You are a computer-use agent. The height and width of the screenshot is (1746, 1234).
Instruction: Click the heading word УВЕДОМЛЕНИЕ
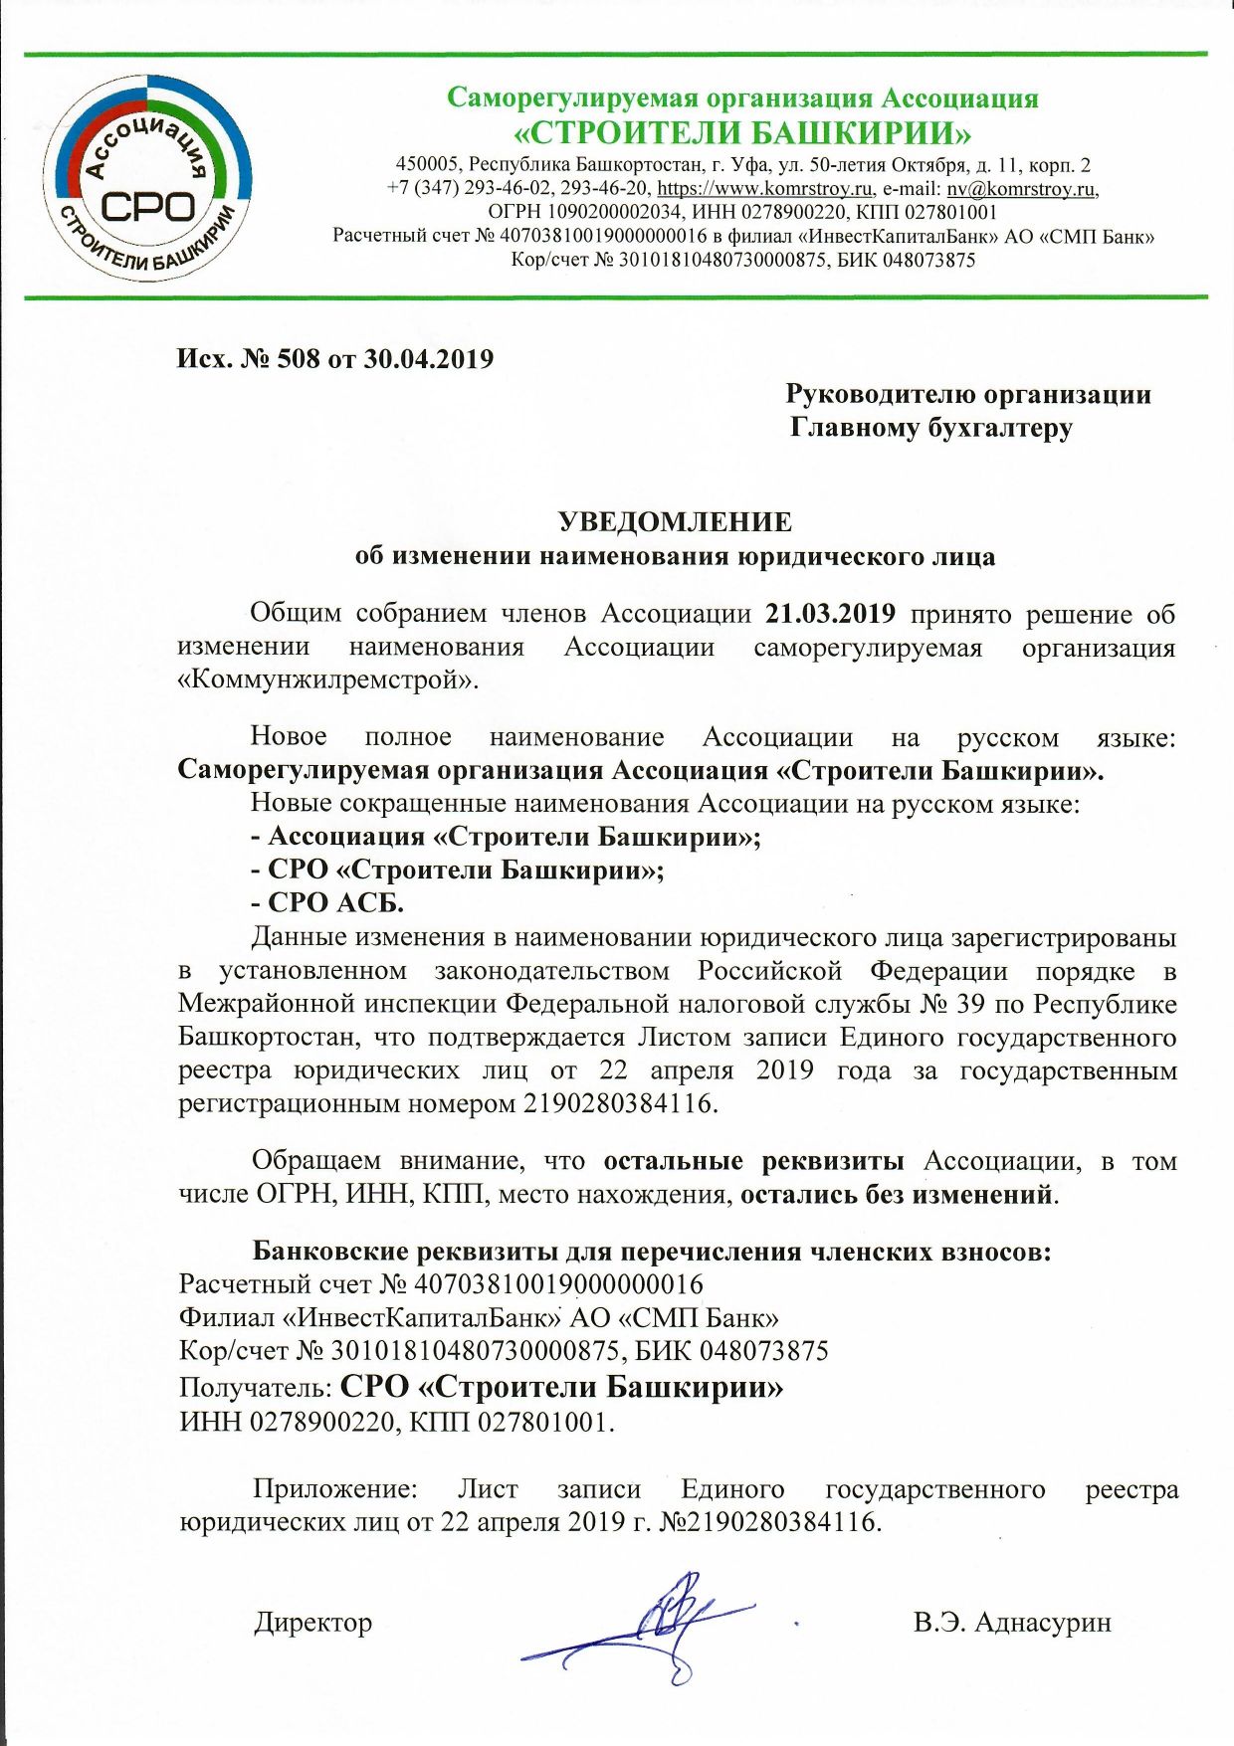(x=675, y=522)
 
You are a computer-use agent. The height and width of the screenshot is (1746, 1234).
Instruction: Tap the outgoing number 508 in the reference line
(x=299, y=359)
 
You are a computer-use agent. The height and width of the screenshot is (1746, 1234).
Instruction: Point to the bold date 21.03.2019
(x=830, y=614)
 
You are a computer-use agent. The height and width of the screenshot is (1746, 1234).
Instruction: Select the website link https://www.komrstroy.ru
(x=765, y=188)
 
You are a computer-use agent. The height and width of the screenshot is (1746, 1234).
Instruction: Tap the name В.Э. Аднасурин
(x=1011, y=1623)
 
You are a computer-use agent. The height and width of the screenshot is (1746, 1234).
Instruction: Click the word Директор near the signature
(x=312, y=1623)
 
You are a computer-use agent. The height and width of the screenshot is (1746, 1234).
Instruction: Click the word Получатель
(x=255, y=1388)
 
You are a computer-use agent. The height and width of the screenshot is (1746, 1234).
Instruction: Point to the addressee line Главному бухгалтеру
(x=930, y=428)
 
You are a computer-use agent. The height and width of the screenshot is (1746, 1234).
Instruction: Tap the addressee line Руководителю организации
(x=967, y=394)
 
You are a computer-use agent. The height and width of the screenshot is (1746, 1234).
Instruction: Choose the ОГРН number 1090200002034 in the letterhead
(x=614, y=212)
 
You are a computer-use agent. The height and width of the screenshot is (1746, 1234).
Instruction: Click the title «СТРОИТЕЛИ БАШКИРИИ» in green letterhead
(x=741, y=132)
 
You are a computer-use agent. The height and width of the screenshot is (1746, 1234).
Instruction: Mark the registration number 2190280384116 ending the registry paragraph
(x=618, y=1103)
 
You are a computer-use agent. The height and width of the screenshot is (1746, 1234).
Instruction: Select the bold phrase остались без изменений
(x=896, y=1194)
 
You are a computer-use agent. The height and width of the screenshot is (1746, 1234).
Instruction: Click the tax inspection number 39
(x=970, y=1004)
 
